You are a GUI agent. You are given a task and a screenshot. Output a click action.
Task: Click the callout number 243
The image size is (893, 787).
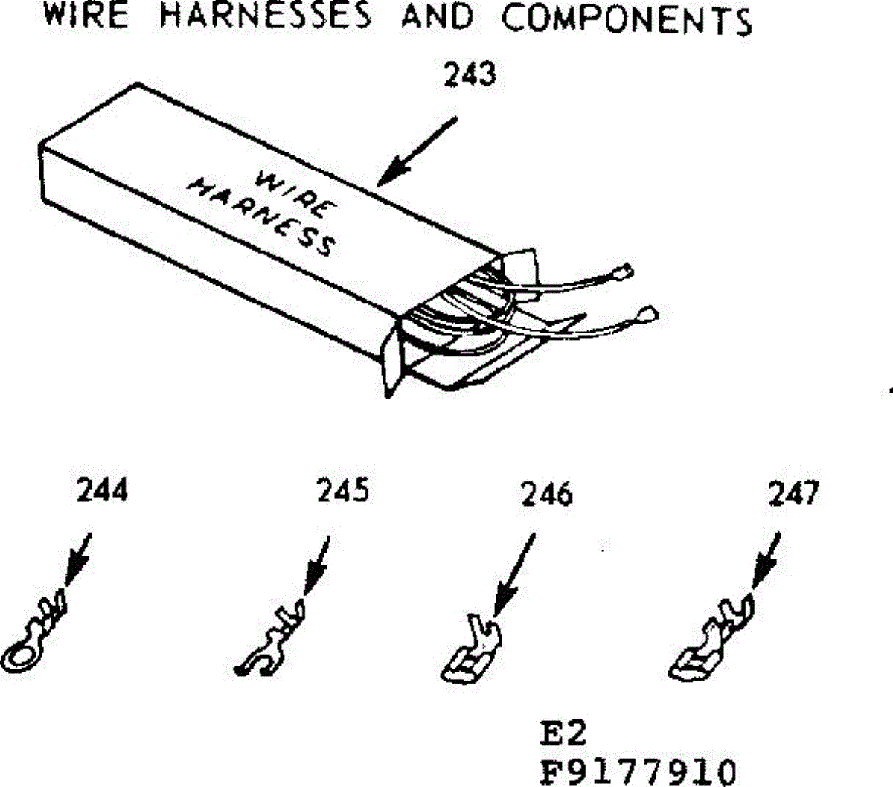469,75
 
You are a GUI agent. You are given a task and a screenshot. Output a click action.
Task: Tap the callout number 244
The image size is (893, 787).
102,491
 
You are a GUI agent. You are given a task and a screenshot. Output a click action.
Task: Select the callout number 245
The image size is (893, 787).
342,491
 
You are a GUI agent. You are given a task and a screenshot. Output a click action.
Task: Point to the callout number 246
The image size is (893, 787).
547,494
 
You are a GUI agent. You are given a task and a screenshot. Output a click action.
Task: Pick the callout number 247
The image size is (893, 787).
793,493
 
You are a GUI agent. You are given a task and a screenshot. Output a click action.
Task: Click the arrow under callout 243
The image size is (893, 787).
416,150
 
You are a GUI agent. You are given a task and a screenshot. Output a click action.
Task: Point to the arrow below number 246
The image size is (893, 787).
515,574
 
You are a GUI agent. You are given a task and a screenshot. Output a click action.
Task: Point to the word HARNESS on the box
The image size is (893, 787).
260,217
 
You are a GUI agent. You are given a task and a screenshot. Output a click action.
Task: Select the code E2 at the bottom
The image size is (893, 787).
563,733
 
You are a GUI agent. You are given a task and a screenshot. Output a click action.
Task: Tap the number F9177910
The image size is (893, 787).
638,771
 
